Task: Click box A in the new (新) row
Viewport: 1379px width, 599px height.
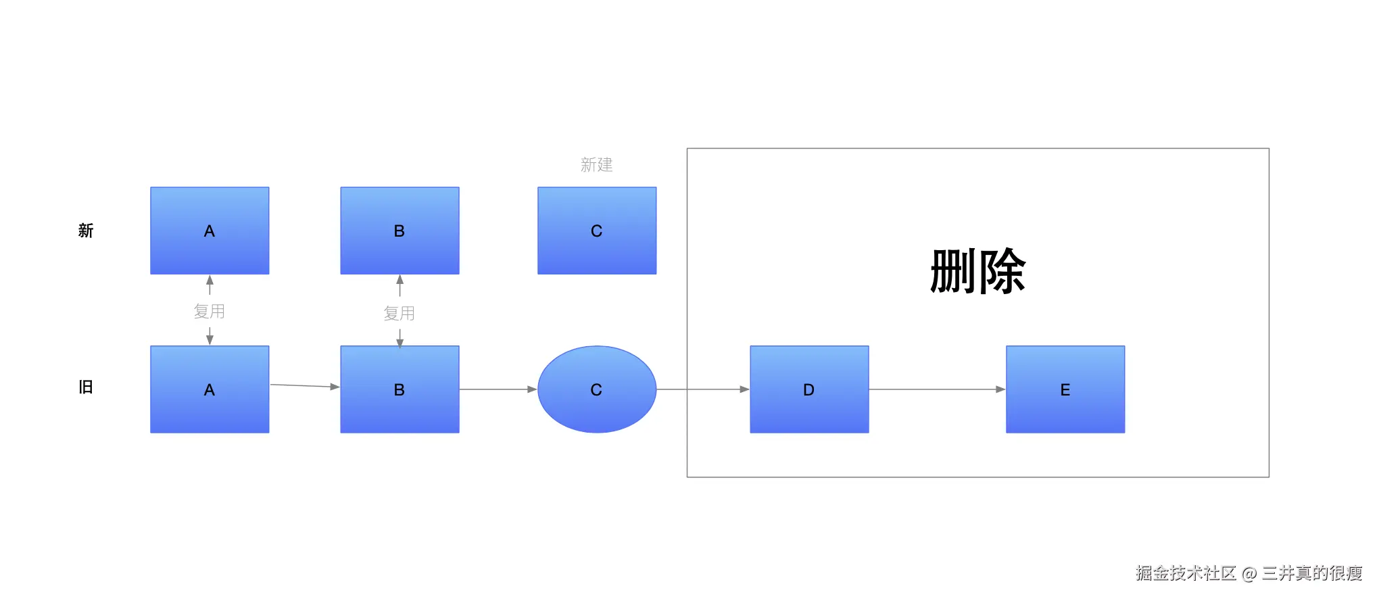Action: point(210,231)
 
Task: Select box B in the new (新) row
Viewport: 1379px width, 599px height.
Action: point(400,231)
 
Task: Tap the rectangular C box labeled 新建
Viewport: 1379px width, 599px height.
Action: point(597,231)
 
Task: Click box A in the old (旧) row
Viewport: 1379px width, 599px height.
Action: point(210,389)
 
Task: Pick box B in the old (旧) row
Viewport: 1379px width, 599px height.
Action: point(400,389)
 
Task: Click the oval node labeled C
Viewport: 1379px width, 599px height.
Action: point(597,389)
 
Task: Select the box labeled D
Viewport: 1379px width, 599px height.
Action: point(809,389)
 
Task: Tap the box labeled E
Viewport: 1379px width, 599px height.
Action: point(1065,389)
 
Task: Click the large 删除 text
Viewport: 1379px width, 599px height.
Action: point(977,271)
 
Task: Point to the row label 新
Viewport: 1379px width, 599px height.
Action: point(85,231)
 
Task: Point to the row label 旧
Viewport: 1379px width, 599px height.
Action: point(85,387)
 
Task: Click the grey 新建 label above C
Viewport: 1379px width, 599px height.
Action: point(596,165)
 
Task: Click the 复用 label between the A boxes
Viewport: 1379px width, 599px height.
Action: point(209,311)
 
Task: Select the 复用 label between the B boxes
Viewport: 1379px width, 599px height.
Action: point(399,313)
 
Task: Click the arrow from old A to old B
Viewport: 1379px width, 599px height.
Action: point(304,386)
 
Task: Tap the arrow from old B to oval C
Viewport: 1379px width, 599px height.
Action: point(498,389)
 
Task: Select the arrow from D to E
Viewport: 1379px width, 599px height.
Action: point(937,389)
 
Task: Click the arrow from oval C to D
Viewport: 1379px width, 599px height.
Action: point(703,389)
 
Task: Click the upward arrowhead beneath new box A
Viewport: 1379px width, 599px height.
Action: point(210,281)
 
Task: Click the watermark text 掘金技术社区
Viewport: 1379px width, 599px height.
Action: point(1186,573)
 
